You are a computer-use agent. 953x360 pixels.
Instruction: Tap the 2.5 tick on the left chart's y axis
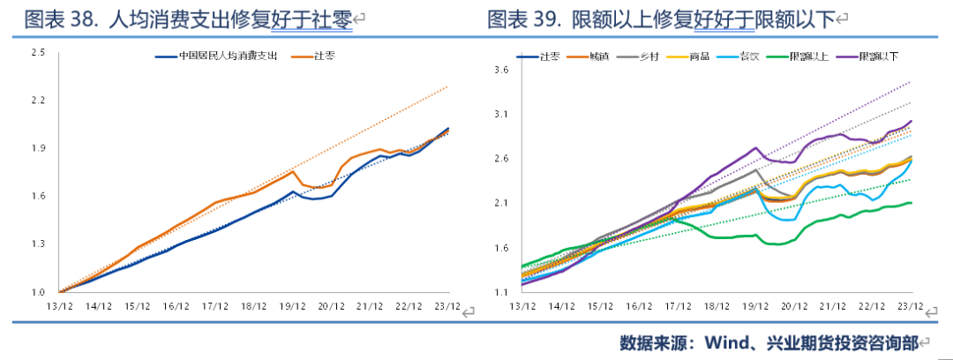click(x=38, y=54)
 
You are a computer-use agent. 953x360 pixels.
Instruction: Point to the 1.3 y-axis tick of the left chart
click(x=38, y=244)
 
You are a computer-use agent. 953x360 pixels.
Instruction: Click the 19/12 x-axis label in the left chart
click(x=292, y=307)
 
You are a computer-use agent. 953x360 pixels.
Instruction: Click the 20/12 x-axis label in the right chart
click(x=794, y=307)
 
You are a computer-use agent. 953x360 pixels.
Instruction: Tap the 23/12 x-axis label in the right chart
click(x=910, y=307)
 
